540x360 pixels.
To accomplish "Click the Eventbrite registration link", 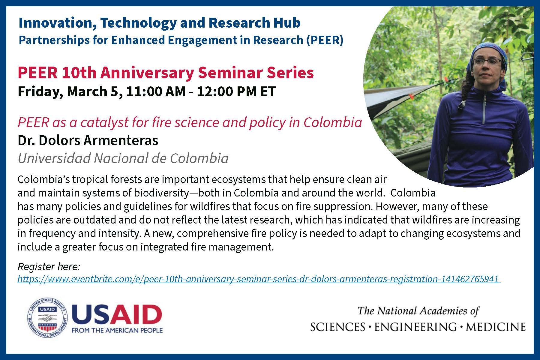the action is (x=259, y=279).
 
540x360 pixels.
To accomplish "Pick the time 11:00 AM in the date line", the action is (x=156, y=91).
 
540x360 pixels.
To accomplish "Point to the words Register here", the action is (x=49, y=267).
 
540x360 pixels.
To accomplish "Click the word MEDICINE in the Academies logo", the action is (x=496, y=327).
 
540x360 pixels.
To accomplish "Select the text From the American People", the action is (x=117, y=330).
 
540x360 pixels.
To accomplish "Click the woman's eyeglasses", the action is (x=487, y=62).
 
